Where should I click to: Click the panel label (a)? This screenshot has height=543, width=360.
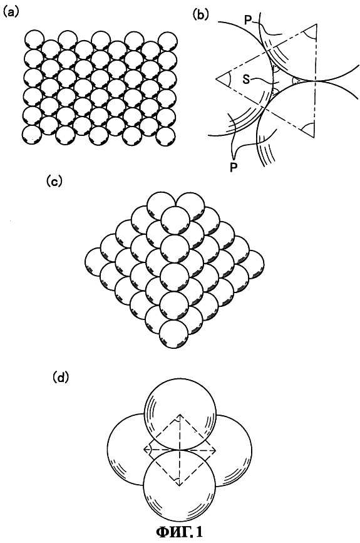(10, 13)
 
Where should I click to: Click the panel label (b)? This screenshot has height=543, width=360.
(201, 14)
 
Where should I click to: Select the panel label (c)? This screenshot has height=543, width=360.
(54, 182)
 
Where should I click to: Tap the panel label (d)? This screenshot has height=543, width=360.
(61, 378)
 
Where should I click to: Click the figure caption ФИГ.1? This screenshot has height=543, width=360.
(180, 531)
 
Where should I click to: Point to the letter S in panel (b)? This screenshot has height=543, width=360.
(246, 80)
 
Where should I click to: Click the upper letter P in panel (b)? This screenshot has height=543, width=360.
(248, 20)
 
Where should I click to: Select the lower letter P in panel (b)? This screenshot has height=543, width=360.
(234, 167)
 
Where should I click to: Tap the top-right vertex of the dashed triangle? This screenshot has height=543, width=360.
(316, 24)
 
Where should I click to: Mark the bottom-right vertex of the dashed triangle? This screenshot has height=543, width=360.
(314, 138)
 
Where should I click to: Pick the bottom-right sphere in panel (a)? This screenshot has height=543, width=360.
(165, 136)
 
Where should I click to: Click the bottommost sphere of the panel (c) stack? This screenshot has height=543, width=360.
(175, 334)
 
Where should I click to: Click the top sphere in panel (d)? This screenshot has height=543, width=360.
(180, 415)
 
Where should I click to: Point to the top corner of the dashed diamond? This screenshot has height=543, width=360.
(180, 414)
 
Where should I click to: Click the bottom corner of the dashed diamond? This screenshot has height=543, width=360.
(180, 485)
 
